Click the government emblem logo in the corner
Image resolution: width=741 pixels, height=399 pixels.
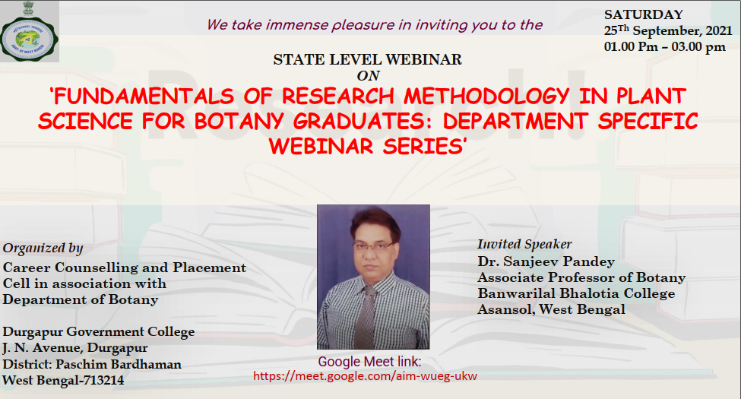click(30, 32)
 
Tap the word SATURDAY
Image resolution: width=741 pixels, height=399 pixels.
click(643, 14)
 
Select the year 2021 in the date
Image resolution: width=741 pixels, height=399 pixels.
click(718, 30)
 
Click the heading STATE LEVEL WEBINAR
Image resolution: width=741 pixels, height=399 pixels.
click(367, 59)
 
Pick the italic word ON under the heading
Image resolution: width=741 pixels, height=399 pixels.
click(368, 76)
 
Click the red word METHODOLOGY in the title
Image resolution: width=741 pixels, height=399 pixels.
click(486, 97)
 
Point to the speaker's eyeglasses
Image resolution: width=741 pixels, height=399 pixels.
click(373, 245)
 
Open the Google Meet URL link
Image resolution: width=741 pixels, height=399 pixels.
click(365, 376)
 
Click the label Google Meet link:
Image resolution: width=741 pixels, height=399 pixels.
click(369, 362)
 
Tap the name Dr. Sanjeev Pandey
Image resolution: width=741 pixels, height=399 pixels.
click(546, 261)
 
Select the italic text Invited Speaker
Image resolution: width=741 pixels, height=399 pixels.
click(524, 245)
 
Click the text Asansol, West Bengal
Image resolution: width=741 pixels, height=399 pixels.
click(551, 309)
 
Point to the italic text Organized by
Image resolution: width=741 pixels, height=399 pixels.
click(43, 249)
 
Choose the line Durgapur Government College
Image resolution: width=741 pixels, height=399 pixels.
click(98, 332)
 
